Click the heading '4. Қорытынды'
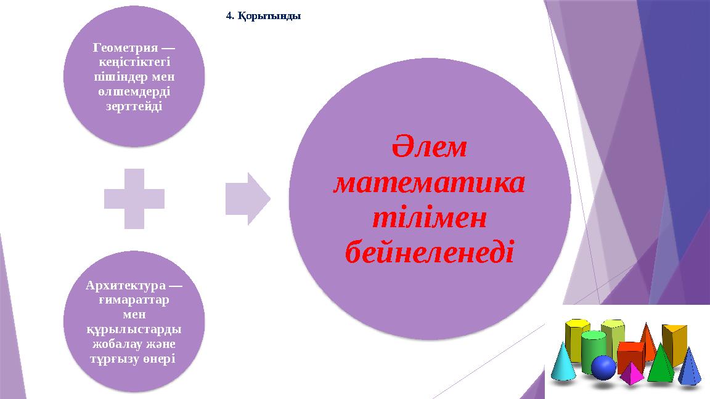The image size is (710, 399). (263, 17)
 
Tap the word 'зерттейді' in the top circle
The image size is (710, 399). (134, 106)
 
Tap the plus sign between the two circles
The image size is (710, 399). (134, 198)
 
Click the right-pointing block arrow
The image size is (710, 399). (247, 198)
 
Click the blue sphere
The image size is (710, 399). (603, 368)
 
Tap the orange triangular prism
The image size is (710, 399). (674, 344)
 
